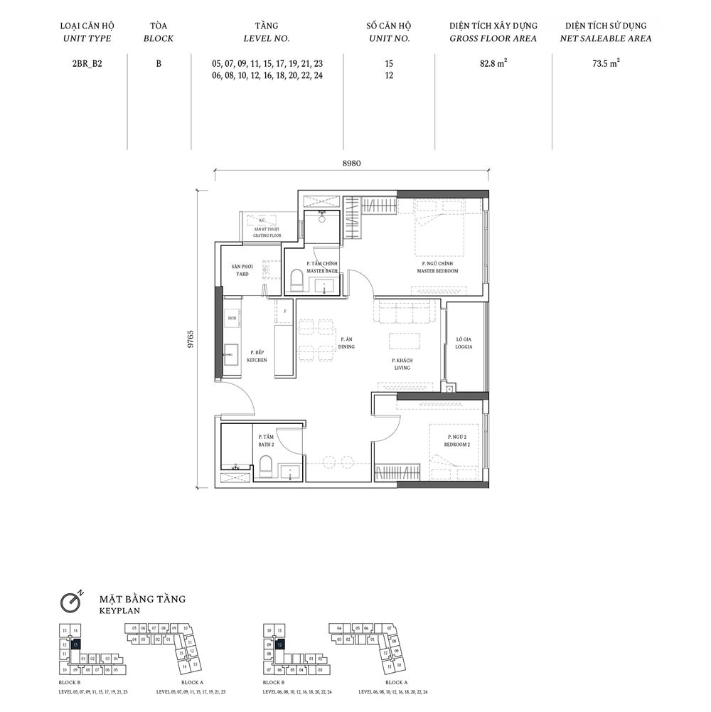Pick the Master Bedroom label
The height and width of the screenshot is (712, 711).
(439, 268)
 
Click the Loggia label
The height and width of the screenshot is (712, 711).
(464, 344)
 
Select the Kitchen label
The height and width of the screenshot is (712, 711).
(257, 356)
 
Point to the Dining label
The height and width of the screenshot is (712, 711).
(346, 343)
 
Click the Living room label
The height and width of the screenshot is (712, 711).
(402, 365)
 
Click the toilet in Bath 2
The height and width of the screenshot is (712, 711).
(266, 467)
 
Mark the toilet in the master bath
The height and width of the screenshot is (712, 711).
(296, 282)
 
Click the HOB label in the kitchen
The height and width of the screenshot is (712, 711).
(232, 319)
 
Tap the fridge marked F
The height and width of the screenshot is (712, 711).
(284, 312)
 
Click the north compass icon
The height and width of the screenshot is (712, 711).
(69, 602)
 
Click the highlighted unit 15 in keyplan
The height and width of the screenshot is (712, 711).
(75, 644)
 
